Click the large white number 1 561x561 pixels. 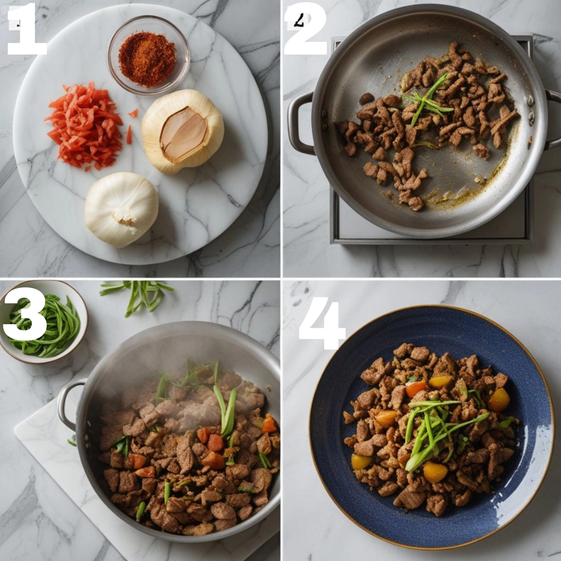click(28, 29)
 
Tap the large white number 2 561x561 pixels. click(305, 29)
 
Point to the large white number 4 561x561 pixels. click(323, 323)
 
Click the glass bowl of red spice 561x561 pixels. click(149, 56)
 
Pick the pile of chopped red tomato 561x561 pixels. click(86, 126)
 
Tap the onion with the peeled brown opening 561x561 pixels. click(182, 131)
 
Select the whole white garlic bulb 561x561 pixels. click(122, 209)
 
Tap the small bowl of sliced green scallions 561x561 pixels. click(43, 322)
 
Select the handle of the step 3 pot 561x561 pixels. click(69, 404)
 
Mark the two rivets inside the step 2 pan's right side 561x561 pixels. click(531, 108)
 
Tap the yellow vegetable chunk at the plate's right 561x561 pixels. click(499, 399)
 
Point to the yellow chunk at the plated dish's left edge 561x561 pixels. click(360, 462)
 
